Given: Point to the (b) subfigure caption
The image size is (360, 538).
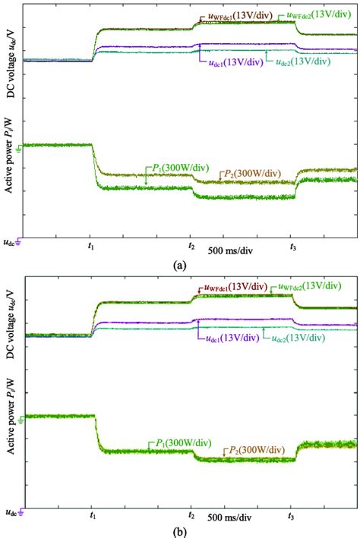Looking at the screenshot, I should point(179,530).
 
